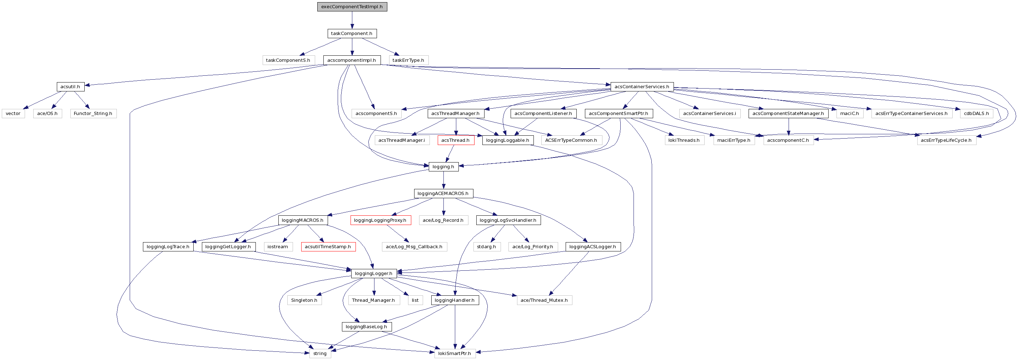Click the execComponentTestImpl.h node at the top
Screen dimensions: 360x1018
(352, 7)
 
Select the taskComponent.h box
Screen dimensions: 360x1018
(352, 34)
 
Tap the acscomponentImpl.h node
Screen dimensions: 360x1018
(352, 60)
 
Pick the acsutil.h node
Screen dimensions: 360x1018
(70, 86)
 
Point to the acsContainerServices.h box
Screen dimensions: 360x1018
(641, 86)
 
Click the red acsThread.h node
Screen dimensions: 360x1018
(455, 140)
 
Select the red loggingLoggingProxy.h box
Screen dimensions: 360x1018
(380, 220)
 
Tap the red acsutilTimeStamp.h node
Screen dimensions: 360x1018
(328, 246)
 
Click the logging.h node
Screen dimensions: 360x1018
(443, 167)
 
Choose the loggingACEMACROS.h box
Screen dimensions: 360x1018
(443, 194)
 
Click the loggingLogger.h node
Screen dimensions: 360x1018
(373, 274)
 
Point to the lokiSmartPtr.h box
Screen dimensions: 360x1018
(455, 353)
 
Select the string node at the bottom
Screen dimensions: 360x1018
(320, 353)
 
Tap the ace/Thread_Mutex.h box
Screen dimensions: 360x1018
(544, 300)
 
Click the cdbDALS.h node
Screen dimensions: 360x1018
(976, 114)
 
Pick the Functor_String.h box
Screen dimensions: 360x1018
(93, 114)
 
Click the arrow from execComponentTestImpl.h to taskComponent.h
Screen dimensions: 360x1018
(352, 20)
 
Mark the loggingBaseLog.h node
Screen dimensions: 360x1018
(366, 327)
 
